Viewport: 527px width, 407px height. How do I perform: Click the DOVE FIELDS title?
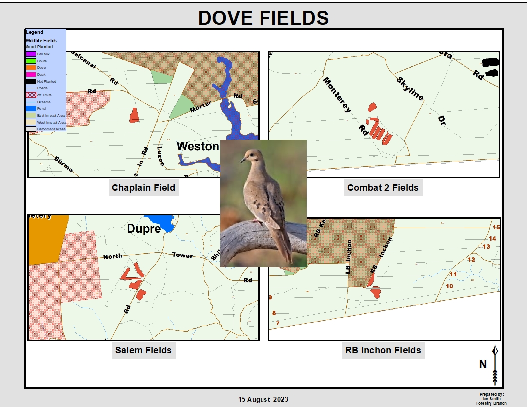tap(263, 18)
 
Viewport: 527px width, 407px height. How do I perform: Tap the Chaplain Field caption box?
tap(143, 188)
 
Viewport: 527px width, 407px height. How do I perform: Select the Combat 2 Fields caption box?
tap(383, 188)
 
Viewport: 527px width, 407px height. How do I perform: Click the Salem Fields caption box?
tap(143, 350)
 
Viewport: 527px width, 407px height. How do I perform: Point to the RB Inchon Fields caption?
tap(383, 350)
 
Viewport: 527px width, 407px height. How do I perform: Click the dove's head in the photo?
tap(251, 156)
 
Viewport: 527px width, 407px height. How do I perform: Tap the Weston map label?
tap(198, 146)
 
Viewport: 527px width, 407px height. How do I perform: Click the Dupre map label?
tap(144, 229)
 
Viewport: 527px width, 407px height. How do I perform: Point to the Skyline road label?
tap(410, 89)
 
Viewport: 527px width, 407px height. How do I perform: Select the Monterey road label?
tap(338, 95)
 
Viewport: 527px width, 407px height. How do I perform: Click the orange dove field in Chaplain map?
tap(134, 115)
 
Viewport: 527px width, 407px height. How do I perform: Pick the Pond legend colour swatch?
tap(31, 108)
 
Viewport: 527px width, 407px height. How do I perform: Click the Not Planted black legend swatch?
tap(31, 81)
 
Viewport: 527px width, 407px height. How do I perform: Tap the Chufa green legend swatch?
tap(31, 61)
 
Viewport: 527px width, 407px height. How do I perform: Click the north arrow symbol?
tap(495, 365)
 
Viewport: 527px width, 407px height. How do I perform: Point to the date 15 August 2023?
tap(263, 399)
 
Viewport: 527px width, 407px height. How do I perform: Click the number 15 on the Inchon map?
tap(496, 227)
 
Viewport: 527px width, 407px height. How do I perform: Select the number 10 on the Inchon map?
tap(449, 286)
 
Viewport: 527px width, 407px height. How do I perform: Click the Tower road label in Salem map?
tap(182, 255)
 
